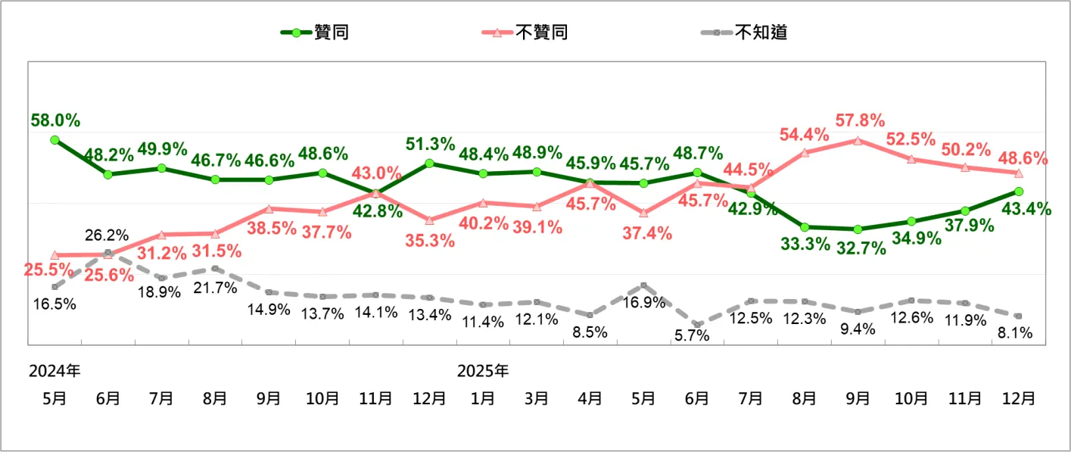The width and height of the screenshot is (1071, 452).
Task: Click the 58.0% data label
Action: (55, 120)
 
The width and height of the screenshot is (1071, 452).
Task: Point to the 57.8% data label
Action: (860, 120)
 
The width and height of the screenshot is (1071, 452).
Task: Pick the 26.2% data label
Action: (106, 235)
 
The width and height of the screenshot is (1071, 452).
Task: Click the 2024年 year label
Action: (54, 371)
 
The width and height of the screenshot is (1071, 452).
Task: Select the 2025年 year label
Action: (483, 371)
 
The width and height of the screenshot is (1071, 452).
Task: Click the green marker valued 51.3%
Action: (429, 163)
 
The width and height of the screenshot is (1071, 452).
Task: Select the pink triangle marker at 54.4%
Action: (805, 152)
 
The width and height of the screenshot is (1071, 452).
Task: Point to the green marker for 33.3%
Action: (805, 227)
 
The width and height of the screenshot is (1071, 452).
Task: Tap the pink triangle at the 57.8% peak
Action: (858, 140)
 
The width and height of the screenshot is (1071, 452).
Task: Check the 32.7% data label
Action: (860, 249)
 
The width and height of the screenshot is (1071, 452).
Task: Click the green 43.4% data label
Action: (1026, 209)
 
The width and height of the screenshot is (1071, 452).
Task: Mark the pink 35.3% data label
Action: (429, 241)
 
